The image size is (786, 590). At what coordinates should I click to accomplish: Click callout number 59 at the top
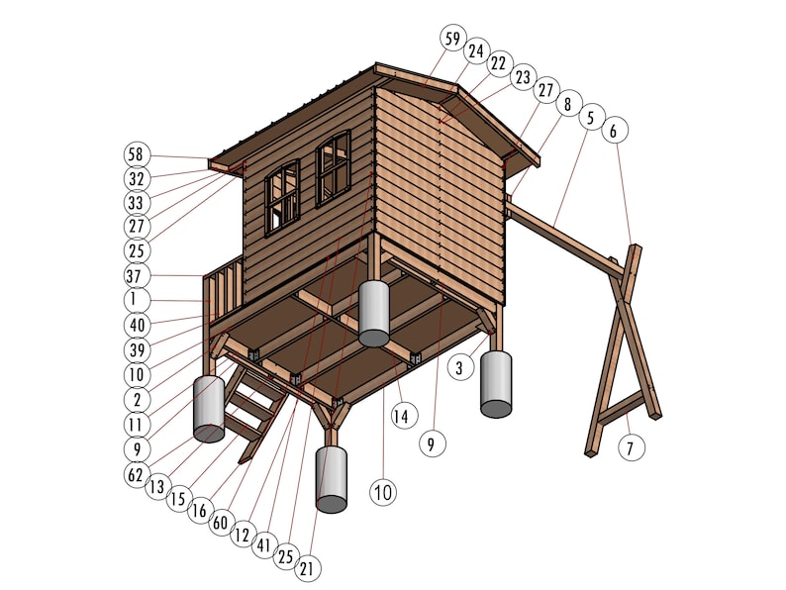452,39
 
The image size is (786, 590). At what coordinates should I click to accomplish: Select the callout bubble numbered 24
476,49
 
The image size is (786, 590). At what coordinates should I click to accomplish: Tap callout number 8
567,104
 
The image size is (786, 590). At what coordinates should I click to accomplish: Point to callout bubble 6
614,130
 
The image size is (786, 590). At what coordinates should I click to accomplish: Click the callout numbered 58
136,154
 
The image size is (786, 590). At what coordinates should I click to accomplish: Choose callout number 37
136,275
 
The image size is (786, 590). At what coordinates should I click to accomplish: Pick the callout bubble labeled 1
136,299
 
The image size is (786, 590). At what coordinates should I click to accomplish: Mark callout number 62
136,473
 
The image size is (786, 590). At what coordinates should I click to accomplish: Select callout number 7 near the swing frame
632,446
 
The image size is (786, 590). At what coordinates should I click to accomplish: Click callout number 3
459,368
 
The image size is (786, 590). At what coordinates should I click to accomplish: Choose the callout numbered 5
591,117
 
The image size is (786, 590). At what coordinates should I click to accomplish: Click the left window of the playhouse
282,198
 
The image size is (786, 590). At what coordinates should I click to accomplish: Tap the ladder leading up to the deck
252,406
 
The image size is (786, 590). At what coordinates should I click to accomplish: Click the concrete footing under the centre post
374,313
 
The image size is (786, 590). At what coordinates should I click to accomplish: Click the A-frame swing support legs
622,346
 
